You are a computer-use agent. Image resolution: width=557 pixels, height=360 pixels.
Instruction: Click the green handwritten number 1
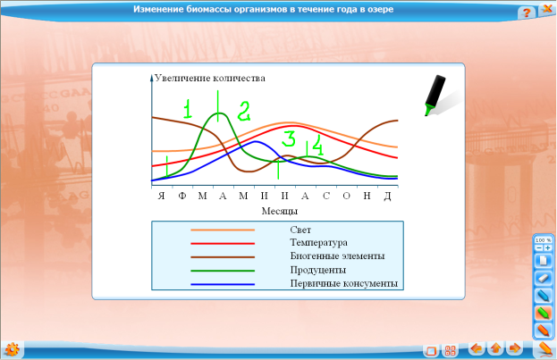(x=188, y=109)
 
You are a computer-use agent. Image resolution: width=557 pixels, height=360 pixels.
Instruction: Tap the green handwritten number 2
(x=244, y=111)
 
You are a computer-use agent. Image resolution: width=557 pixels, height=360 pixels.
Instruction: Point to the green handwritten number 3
(x=289, y=138)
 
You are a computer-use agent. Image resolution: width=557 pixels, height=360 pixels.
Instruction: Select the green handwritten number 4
(x=318, y=146)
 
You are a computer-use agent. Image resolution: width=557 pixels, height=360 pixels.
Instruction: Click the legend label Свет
(x=300, y=230)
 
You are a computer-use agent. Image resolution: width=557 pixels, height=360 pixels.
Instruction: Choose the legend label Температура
(x=318, y=243)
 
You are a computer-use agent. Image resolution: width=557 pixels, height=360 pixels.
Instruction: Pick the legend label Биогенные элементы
(x=337, y=256)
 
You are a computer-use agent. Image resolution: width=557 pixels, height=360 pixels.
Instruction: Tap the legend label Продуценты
(x=318, y=270)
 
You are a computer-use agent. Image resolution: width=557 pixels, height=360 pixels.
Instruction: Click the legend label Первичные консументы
(x=343, y=283)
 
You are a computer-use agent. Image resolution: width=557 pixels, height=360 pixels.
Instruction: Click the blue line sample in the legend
(x=223, y=284)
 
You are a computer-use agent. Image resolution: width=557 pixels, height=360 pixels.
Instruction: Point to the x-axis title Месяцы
(x=280, y=211)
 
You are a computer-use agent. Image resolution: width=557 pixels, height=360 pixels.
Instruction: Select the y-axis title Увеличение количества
(x=210, y=78)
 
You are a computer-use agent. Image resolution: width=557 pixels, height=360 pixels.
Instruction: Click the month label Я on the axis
(x=162, y=196)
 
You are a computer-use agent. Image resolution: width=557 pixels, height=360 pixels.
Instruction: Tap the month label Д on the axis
(x=387, y=196)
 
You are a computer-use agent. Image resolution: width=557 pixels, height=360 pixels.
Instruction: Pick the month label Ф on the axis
(x=181, y=196)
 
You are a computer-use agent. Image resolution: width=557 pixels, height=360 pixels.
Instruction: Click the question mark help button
(x=527, y=13)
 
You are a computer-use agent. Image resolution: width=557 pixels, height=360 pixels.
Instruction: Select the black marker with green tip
(x=435, y=96)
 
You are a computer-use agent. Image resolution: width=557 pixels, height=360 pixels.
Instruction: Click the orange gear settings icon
(x=13, y=349)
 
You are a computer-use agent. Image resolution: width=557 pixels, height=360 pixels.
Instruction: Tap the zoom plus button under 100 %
(x=548, y=247)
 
